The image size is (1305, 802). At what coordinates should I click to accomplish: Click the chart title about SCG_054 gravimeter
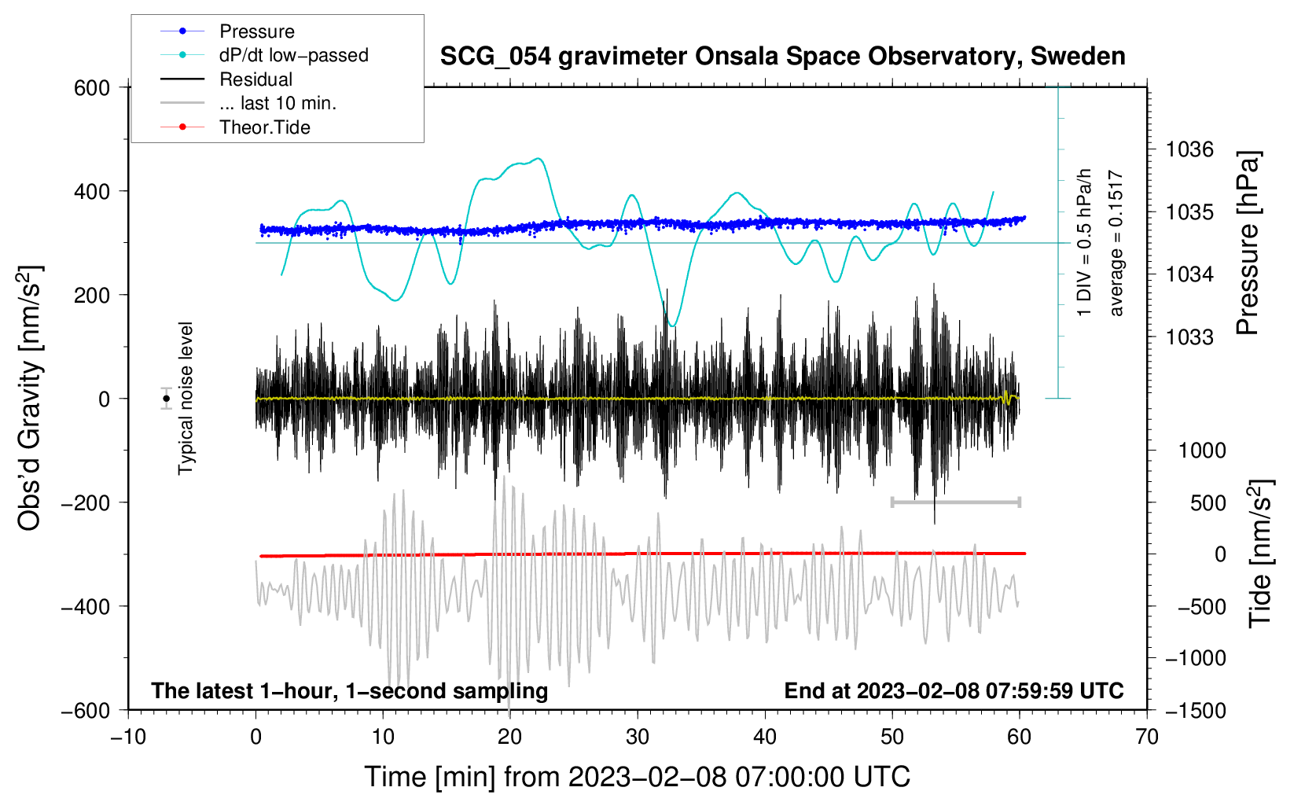782,57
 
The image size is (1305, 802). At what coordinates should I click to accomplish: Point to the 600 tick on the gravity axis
92,88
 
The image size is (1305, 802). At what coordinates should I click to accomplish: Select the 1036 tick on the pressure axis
1189,149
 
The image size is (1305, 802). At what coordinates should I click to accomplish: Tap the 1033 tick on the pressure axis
1189,337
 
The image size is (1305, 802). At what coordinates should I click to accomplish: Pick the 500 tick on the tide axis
1208,503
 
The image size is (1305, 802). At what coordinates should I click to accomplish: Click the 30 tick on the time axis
638,738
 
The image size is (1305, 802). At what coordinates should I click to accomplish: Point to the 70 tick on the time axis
1147,738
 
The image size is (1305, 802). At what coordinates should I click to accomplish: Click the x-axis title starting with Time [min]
638,777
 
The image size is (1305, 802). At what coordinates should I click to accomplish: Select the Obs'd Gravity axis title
30,399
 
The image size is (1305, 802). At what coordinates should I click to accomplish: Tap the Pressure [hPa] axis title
1248,243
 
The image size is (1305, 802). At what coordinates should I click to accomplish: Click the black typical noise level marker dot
166,399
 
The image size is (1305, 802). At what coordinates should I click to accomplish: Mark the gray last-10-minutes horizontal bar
955,502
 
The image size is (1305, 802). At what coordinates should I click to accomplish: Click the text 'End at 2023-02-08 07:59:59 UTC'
954,691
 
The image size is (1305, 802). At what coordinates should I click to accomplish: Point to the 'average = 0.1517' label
1116,244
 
